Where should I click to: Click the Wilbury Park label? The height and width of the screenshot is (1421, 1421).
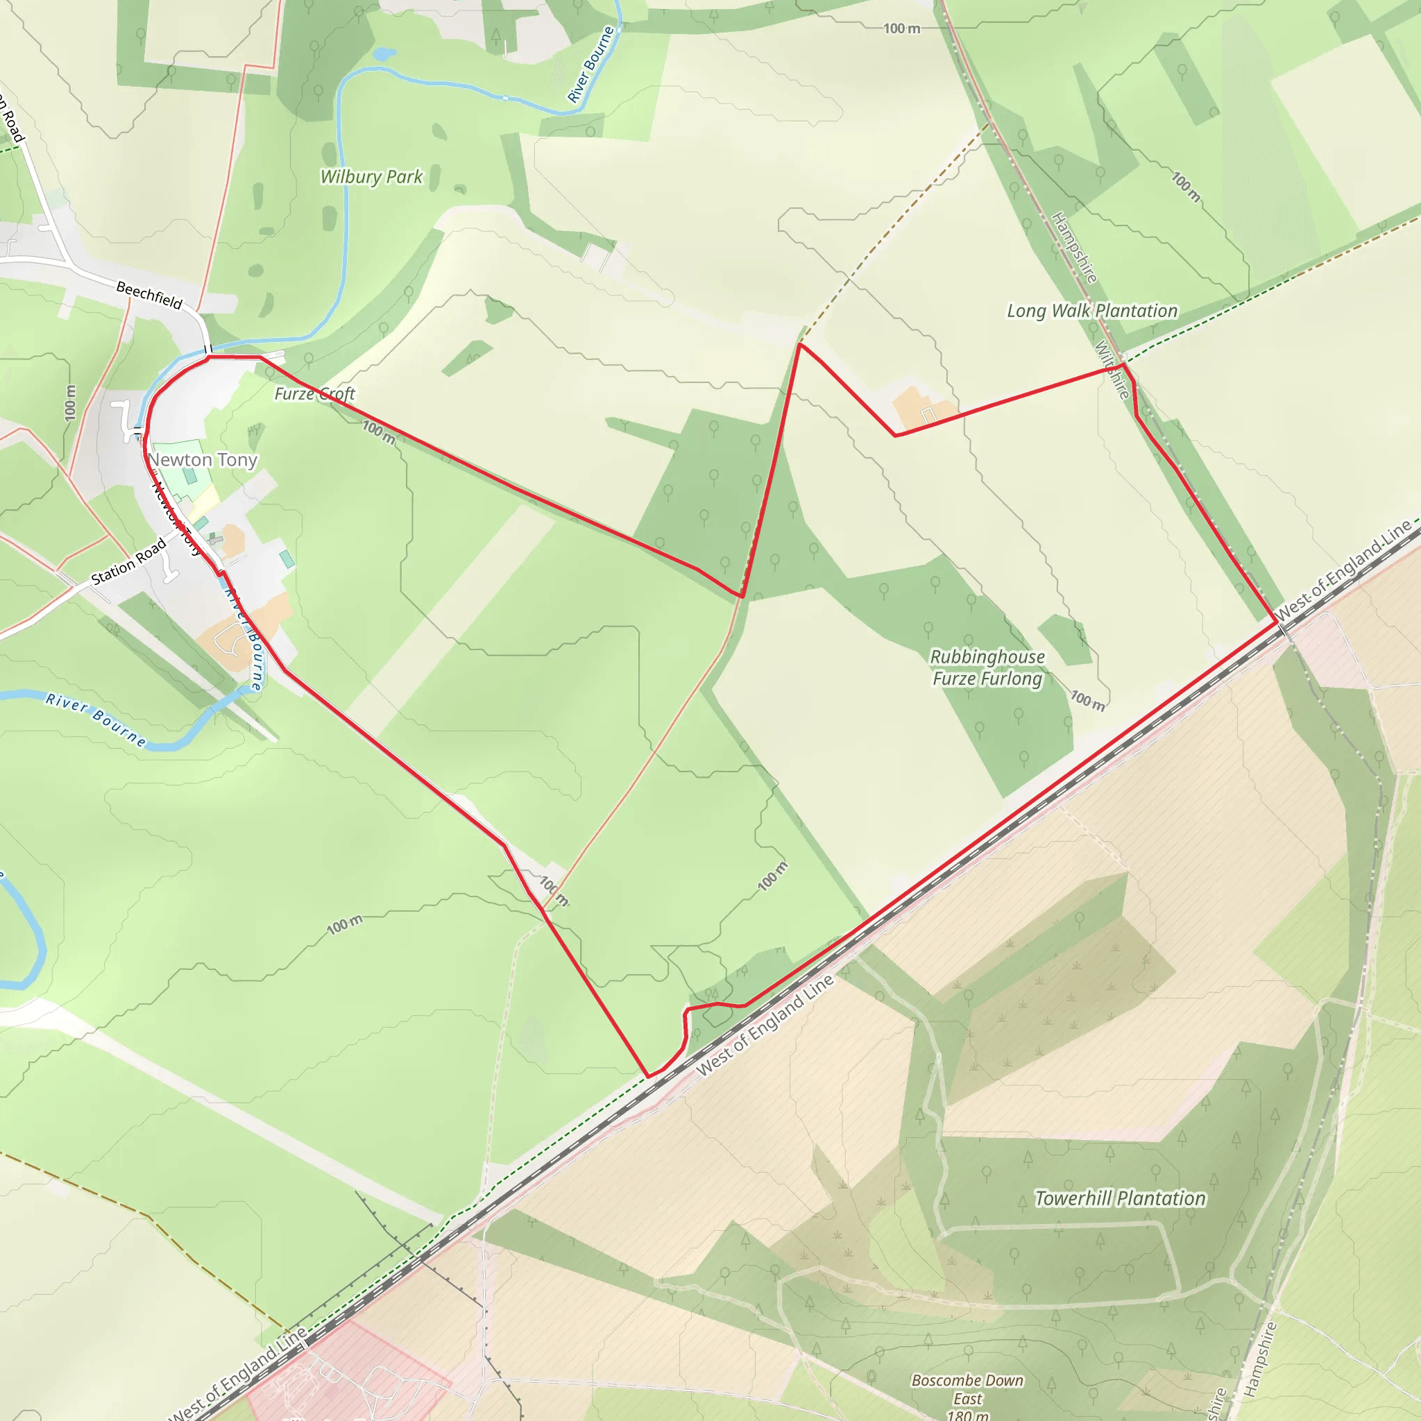[x=371, y=176]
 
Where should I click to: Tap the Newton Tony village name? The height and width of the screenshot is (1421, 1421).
[x=203, y=460]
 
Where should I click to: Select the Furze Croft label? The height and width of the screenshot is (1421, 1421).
[x=315, y=394]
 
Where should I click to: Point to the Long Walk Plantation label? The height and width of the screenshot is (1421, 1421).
[x=1091, y=311]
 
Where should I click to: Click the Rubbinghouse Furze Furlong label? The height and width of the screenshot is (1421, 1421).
[x=987, y=667]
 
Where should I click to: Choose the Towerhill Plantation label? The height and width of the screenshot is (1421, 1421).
[x=1120, y=1198]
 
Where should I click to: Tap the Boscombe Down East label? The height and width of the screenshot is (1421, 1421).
[x=967, y=1397]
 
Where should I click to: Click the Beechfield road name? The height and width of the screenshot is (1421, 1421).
[x=149, y=295]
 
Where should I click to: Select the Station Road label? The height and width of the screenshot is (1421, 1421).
[x=129, y=563]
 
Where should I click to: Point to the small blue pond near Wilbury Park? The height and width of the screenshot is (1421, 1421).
[x=384, y=53]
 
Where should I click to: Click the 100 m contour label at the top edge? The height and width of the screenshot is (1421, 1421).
[x=902, y=28]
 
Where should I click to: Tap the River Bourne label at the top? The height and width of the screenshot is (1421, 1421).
[x=590, y=64]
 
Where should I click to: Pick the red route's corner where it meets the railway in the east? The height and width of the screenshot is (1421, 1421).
[x=1276, y=623]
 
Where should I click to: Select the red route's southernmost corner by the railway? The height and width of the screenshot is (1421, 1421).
[x=648, y=1077]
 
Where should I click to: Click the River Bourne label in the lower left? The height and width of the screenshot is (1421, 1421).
[x=96, y=720]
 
